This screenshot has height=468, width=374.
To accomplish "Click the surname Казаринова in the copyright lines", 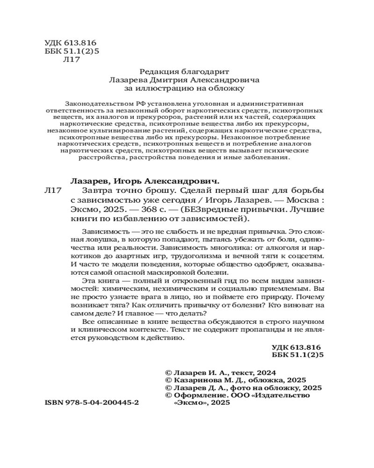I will [195, 380].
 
